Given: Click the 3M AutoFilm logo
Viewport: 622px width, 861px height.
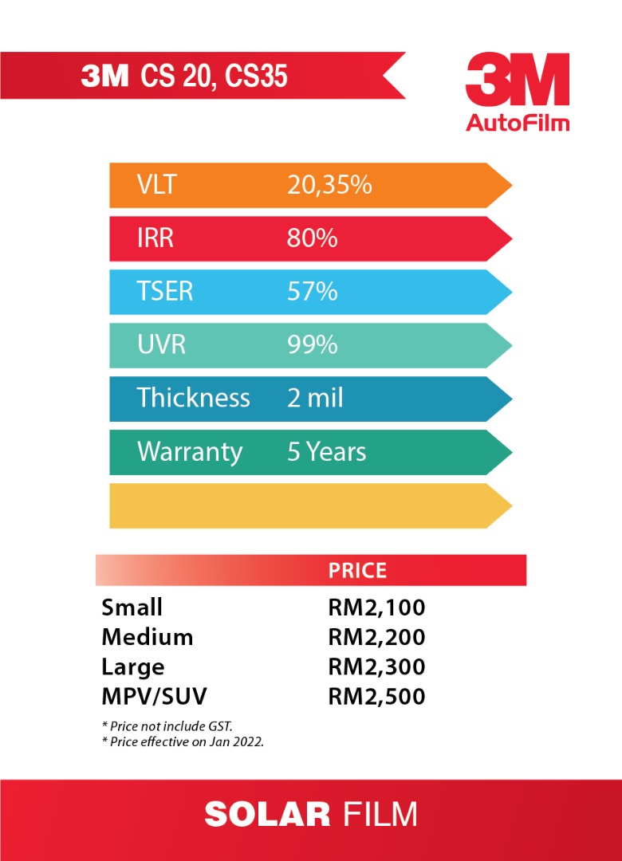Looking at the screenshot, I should point(518,92).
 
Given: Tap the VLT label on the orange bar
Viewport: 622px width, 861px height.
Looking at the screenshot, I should point(155,185).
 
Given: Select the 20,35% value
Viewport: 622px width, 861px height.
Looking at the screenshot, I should point(329,185).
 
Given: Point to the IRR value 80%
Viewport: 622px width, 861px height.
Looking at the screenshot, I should point(312,238).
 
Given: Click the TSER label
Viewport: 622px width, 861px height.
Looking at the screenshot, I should point(165,292).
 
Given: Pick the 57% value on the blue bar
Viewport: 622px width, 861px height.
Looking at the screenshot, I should point(312,292).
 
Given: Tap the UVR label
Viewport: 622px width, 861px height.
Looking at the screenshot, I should point(160,345).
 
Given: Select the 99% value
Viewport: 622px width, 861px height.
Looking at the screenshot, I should point(312,345).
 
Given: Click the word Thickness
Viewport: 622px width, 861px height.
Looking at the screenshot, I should point(194,398).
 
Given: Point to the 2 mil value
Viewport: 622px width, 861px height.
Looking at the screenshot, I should point(315,398).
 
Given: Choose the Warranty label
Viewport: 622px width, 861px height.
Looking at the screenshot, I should point(190,452).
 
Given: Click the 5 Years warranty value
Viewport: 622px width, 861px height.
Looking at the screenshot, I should point(326,452).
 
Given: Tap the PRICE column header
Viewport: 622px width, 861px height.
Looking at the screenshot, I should point(357,571).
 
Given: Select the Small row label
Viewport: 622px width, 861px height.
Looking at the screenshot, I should point(132,607).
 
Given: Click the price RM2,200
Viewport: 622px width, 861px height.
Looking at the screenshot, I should point(376,638).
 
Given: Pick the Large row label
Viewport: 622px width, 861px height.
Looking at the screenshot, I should point(132,667).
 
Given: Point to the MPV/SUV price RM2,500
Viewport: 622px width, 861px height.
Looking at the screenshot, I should point(376,697).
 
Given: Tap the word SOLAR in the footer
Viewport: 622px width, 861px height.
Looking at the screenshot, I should point(267,815).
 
